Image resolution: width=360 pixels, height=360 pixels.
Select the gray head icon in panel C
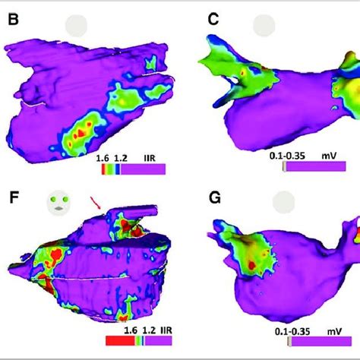264,26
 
